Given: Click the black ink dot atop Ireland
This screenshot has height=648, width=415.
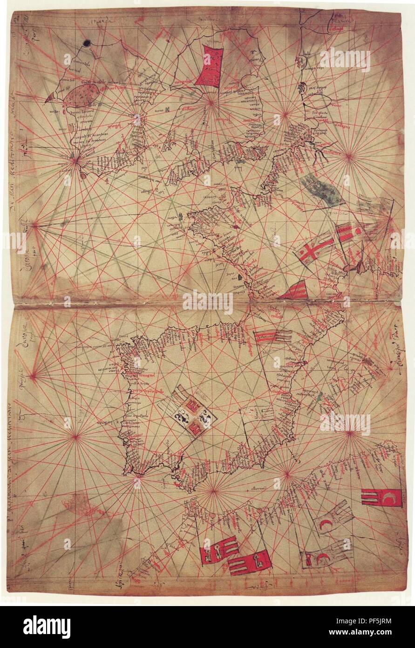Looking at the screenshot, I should click(x=86, y=44).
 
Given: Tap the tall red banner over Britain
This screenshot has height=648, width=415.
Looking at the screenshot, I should click(x=209, y=66).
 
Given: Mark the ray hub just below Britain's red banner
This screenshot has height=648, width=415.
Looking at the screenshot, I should click(x=211, y=101).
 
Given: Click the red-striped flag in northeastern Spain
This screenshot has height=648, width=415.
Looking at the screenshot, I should click(x=272, y=336).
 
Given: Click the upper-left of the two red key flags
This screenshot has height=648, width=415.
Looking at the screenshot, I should click(x=218, y=550).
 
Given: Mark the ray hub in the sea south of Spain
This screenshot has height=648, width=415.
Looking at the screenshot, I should click(x=212, y=490).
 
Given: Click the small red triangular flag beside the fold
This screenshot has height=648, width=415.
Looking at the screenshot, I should click(x=294, y=290).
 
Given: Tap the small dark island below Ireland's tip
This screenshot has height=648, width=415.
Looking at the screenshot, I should click(x=83, y=175).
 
